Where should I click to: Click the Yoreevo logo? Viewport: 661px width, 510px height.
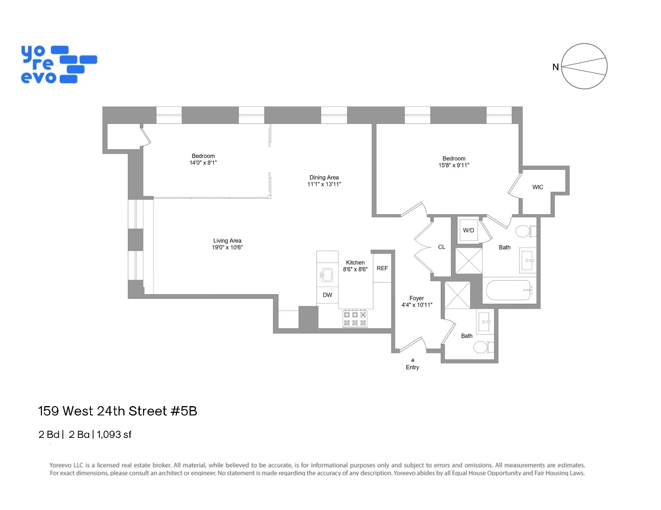pyautogui.click(x=59, y=64)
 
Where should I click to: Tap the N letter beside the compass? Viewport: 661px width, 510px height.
pyautogui.click(x=555, y=67)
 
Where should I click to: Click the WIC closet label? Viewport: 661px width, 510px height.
pyautogui.click(x=537, y=187)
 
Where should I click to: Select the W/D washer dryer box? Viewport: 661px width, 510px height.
pyautogui.click(x=468, y=230)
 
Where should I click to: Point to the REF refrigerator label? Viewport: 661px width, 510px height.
pyautogui.click(x=382, y=268)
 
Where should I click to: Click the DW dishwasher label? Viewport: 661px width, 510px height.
pyautogui.click(x=327, y=295)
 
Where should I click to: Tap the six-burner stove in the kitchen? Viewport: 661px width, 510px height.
pyautogui.click(x=355, y=318)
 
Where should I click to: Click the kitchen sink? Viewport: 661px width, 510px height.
pyautogui.click(x=327, y=275)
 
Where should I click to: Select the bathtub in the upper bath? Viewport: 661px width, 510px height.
pyautogui.click(x=508, y=290)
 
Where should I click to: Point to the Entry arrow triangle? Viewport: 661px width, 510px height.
pyautogui.click(x=413, y=360)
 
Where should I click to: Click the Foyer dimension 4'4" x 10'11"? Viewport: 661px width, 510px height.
pyautogui.click(x=417, y=305)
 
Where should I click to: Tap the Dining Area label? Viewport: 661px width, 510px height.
pyautogui.click(x=324, y=177)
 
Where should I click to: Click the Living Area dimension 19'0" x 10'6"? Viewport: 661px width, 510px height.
pyautogui.click(x=227, y=247)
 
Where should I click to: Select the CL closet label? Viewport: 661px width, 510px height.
pyautogui.click(x=441, y=247)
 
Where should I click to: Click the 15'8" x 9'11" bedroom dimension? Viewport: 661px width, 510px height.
pyautogui.click(x=454, y=165)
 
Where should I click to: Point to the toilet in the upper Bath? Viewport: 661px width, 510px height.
pyautogui.click(x=524, y=231)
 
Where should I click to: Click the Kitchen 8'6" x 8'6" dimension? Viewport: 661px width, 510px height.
pyautogui.click(x=355, y=269)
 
